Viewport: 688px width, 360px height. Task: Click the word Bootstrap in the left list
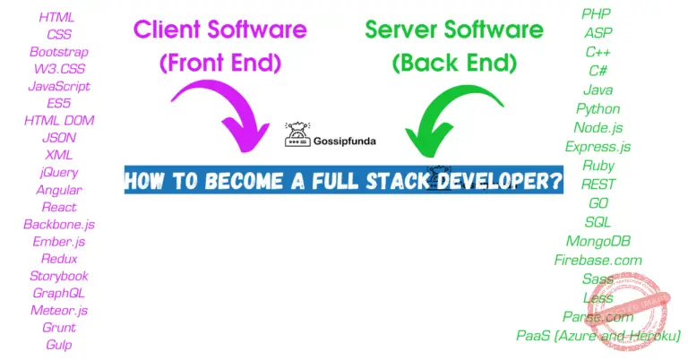59,52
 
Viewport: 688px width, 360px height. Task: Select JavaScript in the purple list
59,86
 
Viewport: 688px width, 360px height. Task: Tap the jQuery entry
59,172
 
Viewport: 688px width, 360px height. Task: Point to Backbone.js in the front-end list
59,224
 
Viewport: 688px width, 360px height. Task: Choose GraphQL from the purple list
59,293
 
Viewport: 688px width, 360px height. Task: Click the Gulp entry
59,345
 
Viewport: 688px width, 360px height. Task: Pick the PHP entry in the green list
598,13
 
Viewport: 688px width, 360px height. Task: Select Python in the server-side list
598,108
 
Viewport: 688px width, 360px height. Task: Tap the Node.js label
598,127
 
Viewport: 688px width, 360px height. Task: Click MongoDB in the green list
598,241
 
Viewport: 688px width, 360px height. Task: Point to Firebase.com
598,260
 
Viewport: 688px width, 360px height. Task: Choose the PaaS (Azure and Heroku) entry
598,336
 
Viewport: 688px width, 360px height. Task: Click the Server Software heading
453,30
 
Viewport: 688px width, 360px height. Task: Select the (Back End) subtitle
453,64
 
